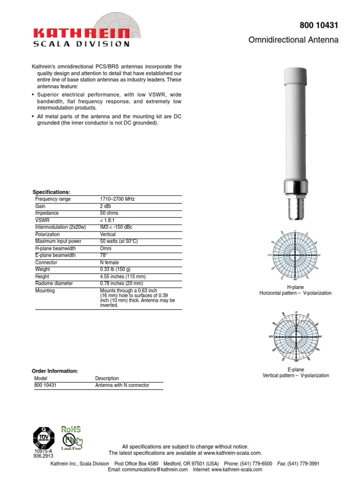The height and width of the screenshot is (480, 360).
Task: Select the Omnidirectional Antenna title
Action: (293, 40)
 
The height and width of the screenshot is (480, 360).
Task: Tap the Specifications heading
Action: (51, 192)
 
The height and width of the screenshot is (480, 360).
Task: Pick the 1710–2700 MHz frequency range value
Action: (117, 199)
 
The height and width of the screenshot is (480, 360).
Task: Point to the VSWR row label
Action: (42, 220)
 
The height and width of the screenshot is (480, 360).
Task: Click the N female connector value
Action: (110, 262)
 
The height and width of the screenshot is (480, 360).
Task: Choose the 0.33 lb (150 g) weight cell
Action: (115, 270)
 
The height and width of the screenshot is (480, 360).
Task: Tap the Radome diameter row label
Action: (54, 284)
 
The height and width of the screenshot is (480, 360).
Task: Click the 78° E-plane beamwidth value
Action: (104, 255)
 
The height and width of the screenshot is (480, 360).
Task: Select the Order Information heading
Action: (54, 371)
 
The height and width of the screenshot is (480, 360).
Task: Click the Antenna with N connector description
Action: (122, 385)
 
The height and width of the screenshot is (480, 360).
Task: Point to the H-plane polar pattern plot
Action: (296, 255)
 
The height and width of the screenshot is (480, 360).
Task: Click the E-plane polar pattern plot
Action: (296, 337)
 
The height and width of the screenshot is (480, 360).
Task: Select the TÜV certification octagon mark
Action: (44, 437)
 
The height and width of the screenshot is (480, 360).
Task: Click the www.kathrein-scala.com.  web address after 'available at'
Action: (232, 453)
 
